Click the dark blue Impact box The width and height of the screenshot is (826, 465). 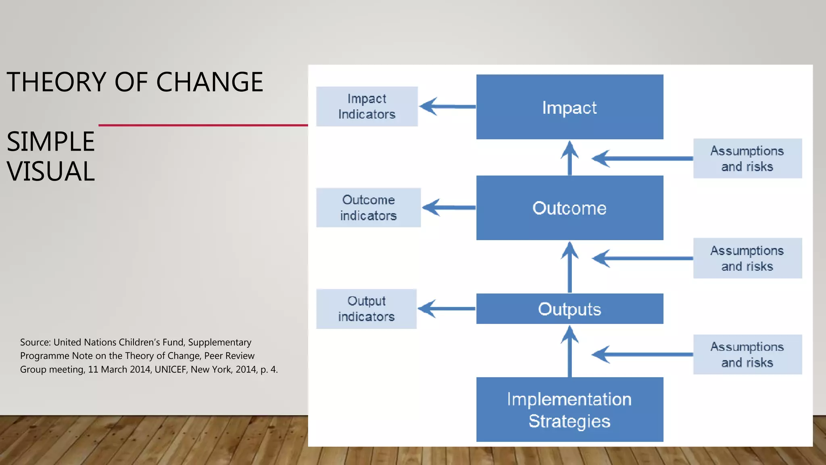(x=569, y=107)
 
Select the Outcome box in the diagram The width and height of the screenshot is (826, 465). (x=569, y=208)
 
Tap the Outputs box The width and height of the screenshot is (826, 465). (x=569, y=309)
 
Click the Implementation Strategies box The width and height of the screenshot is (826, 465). (x=569, y=409)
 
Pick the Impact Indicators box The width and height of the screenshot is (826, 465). (x=367, y=107)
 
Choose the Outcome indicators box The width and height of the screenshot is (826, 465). (x=368, y=207)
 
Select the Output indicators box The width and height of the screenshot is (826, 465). (x=366, y=309)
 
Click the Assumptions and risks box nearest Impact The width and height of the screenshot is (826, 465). (x=747, y=158)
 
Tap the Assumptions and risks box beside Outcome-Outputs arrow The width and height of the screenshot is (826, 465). (x=747, y=258)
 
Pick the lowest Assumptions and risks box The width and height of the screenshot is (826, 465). (x=747, y=354)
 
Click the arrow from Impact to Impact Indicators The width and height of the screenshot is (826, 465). (x=448, y=107)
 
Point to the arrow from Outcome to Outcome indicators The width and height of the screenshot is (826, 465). (x=449, y=207)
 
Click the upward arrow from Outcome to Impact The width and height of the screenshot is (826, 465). (x=569, y=158)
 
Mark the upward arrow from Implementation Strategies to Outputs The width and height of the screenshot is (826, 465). (x=569, y=351)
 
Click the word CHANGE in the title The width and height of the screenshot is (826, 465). (x=209, y=82)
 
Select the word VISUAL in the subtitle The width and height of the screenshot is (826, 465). (x=51, y=172)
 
